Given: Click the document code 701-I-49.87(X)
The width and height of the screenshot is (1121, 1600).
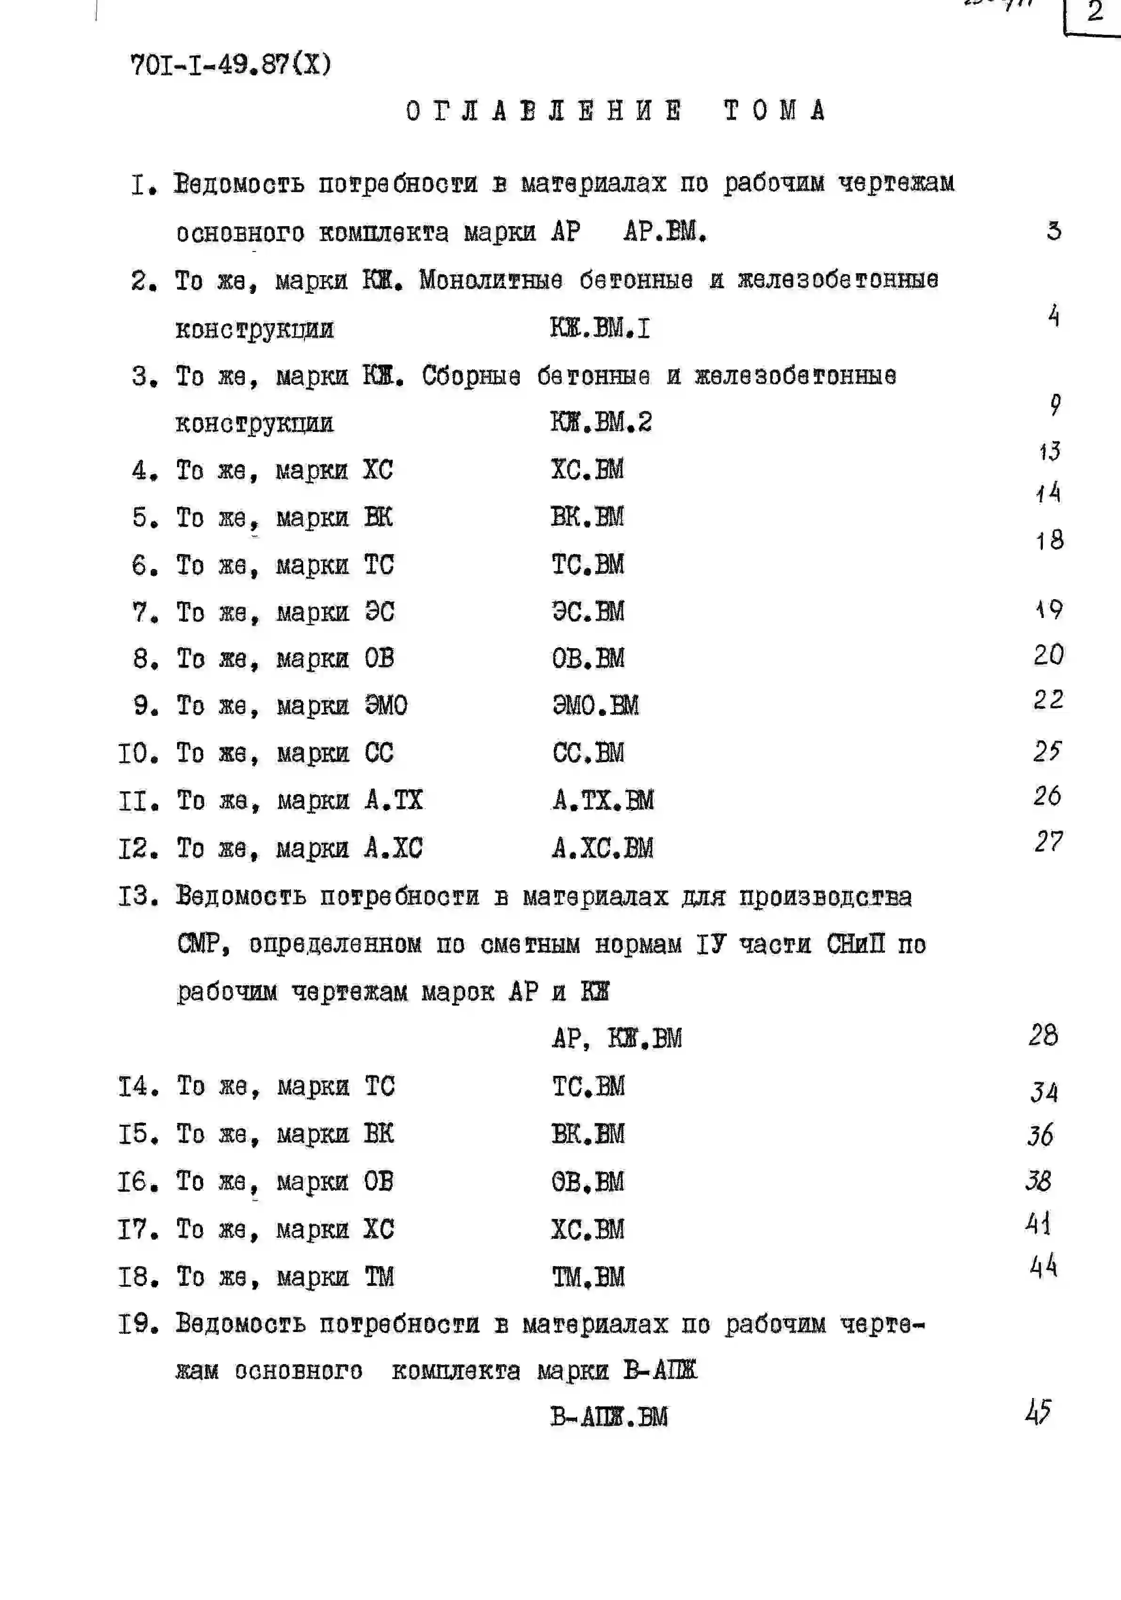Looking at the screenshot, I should [231, 65].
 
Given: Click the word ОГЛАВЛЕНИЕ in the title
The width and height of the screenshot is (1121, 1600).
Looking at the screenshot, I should [544, 111].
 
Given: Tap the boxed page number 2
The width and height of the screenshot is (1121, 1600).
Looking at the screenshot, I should [1095, 12].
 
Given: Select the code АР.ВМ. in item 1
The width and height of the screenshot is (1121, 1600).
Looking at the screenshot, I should [665, 231].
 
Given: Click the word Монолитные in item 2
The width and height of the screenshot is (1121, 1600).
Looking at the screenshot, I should [491, 280].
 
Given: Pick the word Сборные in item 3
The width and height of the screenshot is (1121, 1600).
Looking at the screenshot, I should [471, 376].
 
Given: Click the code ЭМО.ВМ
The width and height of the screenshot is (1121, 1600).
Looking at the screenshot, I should [595, 705].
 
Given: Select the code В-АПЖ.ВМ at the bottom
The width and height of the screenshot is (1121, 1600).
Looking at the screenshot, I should [608, 1417].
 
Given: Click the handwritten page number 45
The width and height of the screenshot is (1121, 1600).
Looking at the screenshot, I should [1038, 1412].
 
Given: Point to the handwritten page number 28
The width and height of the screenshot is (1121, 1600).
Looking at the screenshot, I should [1043, 1036].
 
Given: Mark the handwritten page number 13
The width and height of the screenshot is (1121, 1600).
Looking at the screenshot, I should [1049, 452].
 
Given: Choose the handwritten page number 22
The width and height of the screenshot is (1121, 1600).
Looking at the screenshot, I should [1048, 699].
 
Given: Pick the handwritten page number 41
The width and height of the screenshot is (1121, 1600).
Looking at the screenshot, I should [1038, 1223].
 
